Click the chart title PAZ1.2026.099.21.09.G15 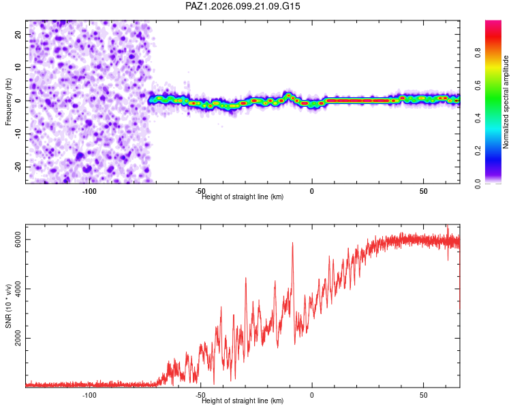[243, 6]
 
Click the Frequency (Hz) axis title [8, 102]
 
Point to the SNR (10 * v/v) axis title [8, 306]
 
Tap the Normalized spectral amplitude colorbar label [506, 102]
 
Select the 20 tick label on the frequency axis [18, 34]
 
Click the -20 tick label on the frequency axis [18, 167]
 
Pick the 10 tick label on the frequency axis [18, 67]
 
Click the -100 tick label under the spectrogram [89, 191]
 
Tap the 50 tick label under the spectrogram [423, 191]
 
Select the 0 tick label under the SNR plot [312, 395]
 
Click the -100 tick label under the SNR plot [89, 395]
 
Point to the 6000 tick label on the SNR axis [18, 239]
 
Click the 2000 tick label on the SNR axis [18, 338]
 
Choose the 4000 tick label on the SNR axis [18, 288]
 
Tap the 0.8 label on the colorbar [478, 53]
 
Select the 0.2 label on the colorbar [478, 151]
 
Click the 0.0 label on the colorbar [478, 184]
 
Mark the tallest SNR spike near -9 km [292, 243]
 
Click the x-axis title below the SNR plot [243, 401]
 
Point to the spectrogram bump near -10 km [288, 95]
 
